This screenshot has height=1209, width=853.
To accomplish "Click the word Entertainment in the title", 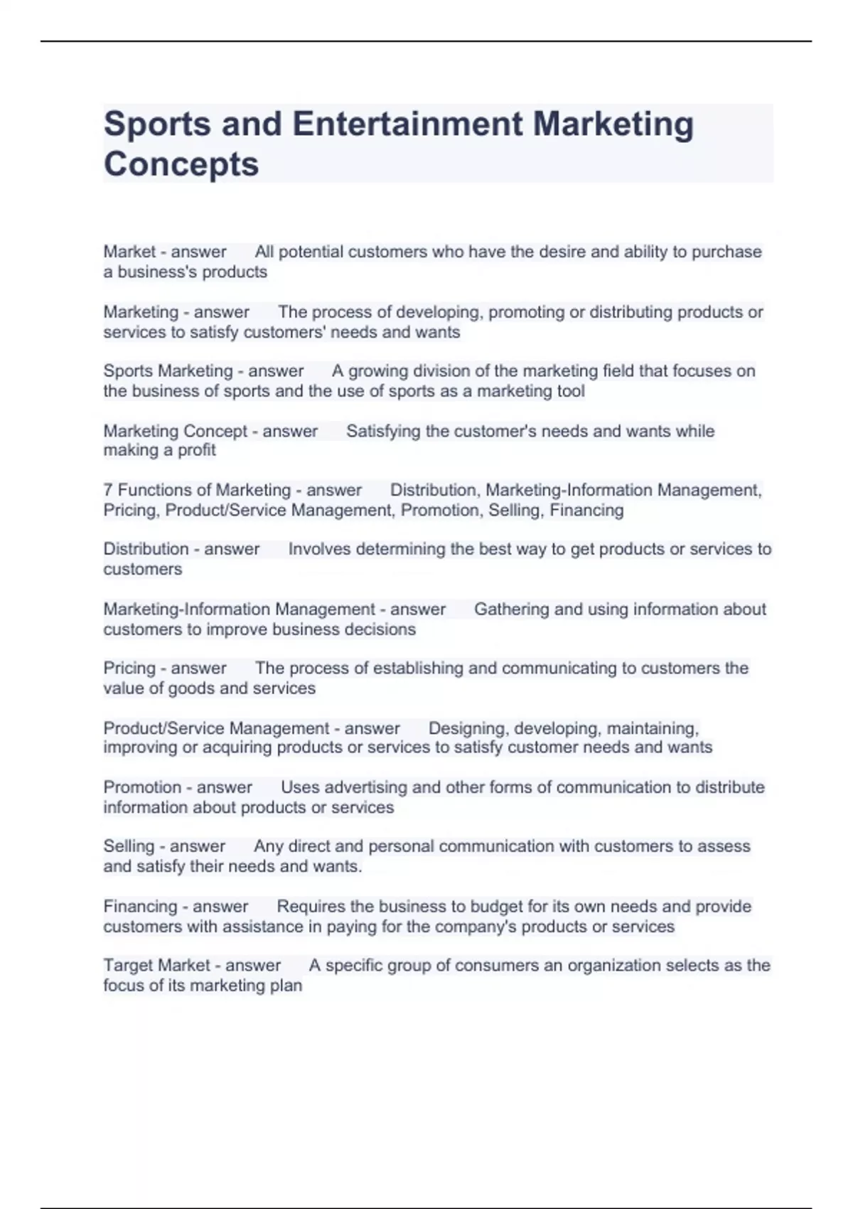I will point(407,124).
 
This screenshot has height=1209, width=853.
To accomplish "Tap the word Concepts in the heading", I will point(181,164).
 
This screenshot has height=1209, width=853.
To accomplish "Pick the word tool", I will point(571,391).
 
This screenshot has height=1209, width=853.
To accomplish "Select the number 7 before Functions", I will point(108,490).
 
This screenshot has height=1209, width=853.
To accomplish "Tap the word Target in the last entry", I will point(128,966).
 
